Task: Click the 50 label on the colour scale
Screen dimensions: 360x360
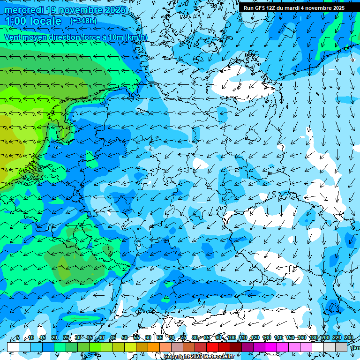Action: tap(124, 337)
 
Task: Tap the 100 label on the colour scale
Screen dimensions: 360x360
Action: tap(232, 337)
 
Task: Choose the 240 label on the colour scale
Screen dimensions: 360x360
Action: tap(348, 337)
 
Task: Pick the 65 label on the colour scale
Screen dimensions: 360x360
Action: tap(160, 337)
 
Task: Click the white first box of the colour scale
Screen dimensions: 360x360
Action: tap(13, 347)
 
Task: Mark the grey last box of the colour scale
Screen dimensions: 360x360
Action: tap(342, 347)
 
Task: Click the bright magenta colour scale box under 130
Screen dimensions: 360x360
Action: tap(271, 347)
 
